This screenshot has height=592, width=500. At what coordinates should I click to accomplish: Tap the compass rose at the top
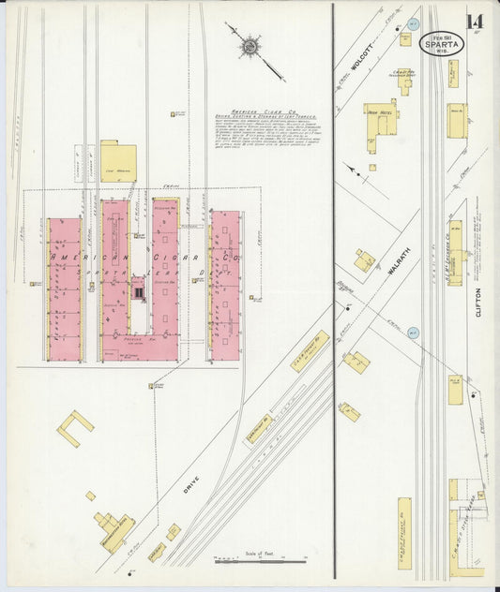tap(250, 44)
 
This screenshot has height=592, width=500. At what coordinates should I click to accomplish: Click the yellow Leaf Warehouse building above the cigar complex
tap(118, 161)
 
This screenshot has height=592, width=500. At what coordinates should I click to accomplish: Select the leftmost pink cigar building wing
tap(65, 289)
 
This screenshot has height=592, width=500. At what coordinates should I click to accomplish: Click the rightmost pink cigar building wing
tap(225, 285)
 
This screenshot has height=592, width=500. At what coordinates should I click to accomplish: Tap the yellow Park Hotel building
tap(382, 118)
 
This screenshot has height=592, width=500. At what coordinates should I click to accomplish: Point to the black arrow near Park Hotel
tap(352, 171)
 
